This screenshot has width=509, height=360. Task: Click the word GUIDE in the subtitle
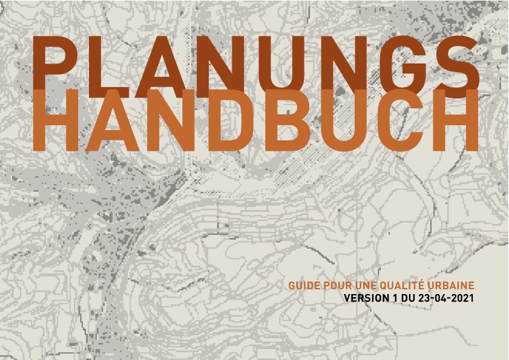point(301,285)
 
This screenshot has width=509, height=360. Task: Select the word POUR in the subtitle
point(332,285)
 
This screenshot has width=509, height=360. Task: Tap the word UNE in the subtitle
point(358,285)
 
